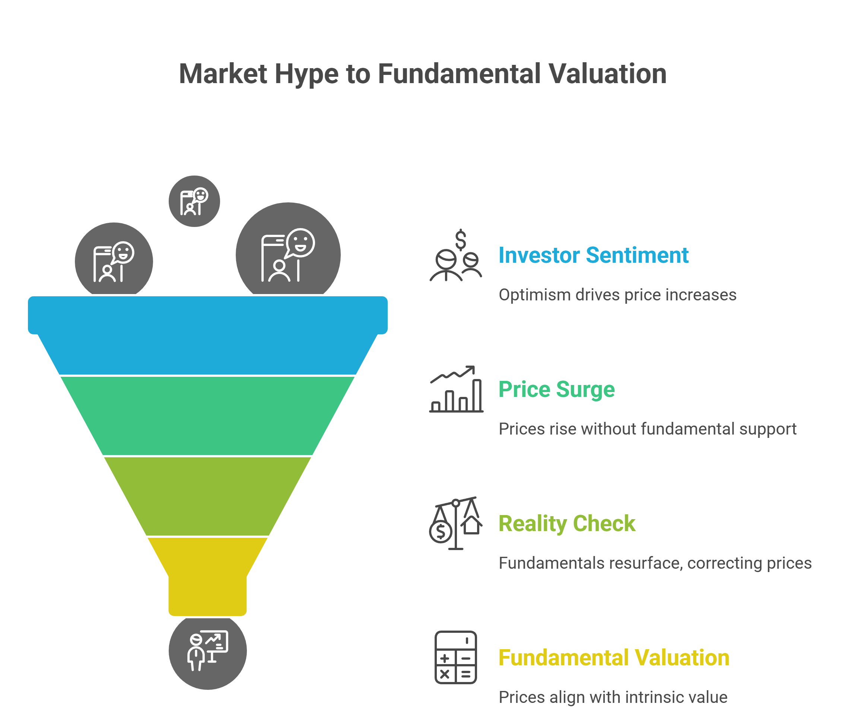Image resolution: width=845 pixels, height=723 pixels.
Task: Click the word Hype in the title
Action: pyautogui.click(x=306, y=75)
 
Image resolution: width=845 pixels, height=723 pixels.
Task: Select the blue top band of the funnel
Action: pyautogui.click(x=207, y=335)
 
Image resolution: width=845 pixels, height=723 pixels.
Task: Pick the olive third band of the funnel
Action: pyautogui.click(x=207, y=496)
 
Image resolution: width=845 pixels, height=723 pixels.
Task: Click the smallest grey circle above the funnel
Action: pyautogui.click(x=194, y=201)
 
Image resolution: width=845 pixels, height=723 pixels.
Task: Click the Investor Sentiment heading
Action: pyautogui.click(x=593, y=255)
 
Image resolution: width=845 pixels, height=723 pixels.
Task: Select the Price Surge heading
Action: pyautogui.click(x=556, y=389)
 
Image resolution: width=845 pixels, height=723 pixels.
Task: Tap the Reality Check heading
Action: pyautogui.click(x=567, y=524)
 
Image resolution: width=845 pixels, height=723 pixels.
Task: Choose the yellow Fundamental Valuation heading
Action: pyautogui.click(x=614, y=658)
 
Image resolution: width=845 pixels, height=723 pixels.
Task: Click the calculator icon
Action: pyautogui.click(x=455, y=657)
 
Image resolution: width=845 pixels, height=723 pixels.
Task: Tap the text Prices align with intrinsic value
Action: pyautogui.click(x=613, y=697)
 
